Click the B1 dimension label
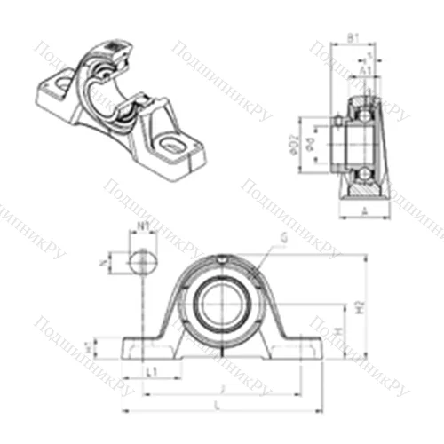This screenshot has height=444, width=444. click(353, 37)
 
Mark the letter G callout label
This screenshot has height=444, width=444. click(283, 236)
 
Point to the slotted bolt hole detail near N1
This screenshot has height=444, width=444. click(141, 262)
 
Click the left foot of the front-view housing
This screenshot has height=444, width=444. click(142, 348)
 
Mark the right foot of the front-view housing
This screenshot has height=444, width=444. click(297, 348)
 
